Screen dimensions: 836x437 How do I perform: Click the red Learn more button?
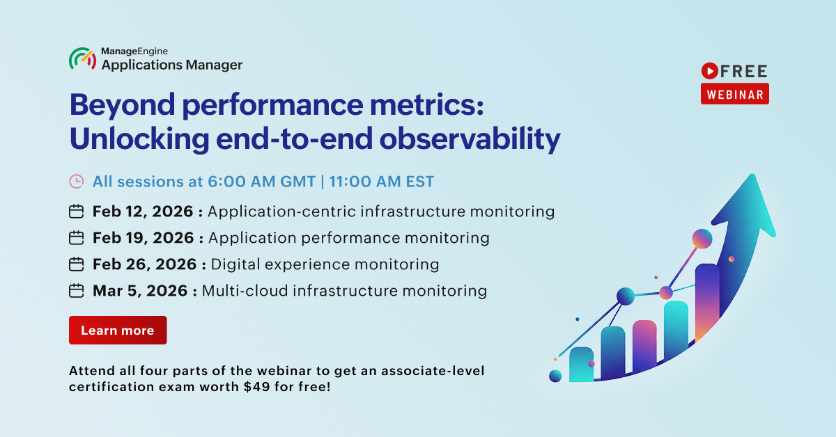[118, 330]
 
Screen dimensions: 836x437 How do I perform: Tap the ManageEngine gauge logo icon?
[83, 58]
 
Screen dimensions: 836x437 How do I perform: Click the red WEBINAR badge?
[734, 94]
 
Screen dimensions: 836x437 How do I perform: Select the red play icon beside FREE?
[709, 71]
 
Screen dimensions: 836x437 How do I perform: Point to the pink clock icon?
[77, 182]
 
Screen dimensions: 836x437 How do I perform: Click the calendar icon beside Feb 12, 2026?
[76, 212]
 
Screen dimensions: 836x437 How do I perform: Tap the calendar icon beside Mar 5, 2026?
[76, 291]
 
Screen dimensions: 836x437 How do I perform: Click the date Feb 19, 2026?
[144, 238]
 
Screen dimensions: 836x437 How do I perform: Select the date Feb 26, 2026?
[144, 264]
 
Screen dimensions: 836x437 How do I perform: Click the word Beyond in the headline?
[123, 106]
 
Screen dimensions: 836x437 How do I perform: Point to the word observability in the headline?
[470, 139]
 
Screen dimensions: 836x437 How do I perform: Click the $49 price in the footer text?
[257, 387]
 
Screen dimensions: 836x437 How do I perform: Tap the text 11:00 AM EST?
[382, 182]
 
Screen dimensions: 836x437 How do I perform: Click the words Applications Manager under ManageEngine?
[172, 65]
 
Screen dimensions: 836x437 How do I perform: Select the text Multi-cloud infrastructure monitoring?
[344, 291]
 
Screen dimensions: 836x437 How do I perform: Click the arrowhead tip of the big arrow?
[752, 175]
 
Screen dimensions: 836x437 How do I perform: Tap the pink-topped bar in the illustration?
[644, 346]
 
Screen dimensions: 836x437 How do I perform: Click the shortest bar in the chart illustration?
[581, 365]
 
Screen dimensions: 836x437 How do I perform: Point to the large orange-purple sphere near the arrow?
[702, 239]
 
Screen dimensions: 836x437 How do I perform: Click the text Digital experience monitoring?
[325, 264]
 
